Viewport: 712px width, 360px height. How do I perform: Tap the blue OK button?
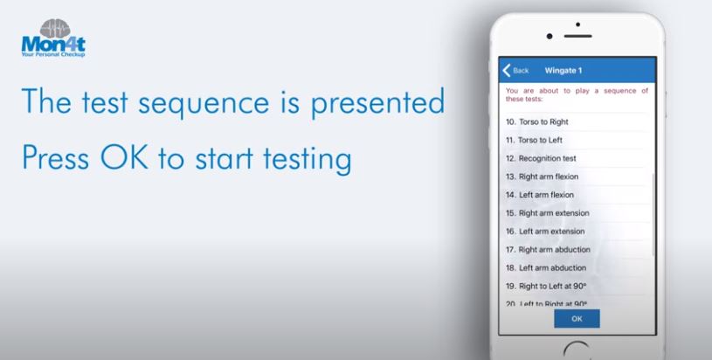[x=577, y=319]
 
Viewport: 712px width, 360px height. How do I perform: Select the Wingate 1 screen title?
[x=563, y=71]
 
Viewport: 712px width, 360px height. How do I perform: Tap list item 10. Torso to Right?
[x=537, y=121]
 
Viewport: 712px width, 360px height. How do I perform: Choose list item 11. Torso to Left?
[x=534, y=141]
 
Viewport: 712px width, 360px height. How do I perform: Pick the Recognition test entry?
[x=541, y=158]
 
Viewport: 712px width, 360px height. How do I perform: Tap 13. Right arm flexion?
[x=543, y=177]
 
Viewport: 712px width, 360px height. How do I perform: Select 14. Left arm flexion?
[x=540, y=195]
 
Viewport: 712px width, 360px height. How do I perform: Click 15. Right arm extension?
[x=548, y=213]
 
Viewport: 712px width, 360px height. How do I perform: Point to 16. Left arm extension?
[x=545, y=232]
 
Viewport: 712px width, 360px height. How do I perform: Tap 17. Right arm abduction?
[x=548, y=250]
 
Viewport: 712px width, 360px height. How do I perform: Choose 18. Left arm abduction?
[x=546, y=268]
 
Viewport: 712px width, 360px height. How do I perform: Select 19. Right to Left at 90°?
[x=546, y=286]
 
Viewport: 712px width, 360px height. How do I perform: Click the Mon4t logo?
[x=53, y=38]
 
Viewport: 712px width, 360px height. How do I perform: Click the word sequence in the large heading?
[x=204, y=103]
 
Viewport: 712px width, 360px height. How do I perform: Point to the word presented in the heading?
[x=377, y=102]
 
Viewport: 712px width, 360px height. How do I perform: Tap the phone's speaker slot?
[x=577, y=36]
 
